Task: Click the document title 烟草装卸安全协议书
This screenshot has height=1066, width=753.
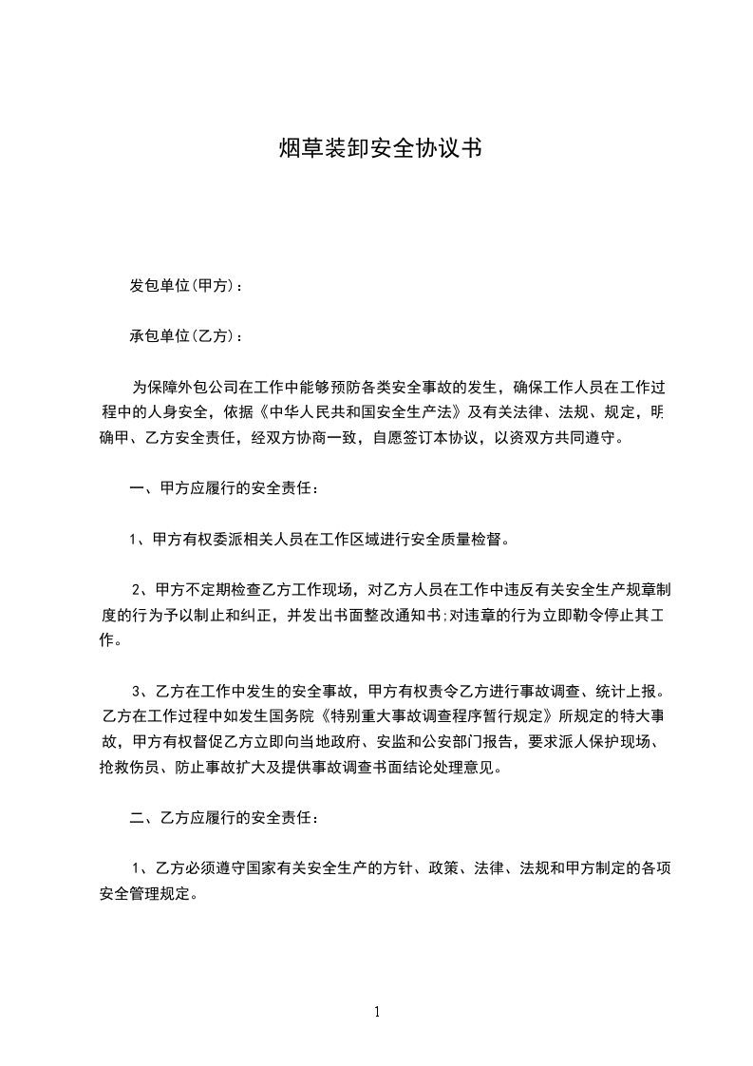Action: (376, 148)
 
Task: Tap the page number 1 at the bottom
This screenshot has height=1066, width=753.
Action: (377, 1012)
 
